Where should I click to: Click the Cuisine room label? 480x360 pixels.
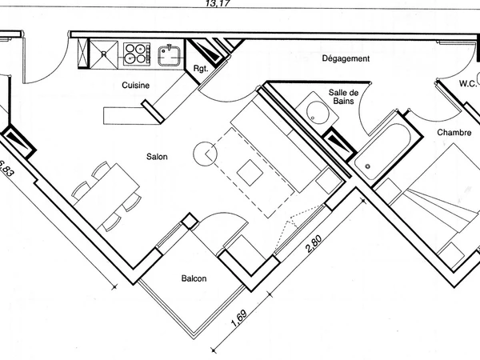click(136, 85)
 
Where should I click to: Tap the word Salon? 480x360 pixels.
click(156, 158)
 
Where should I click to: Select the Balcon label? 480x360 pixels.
click(194, 278)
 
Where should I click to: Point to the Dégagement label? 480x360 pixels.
click(346, 59)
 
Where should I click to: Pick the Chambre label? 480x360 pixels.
click(454, 132)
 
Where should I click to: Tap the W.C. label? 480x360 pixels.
click(468, 83)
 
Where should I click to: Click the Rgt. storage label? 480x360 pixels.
click(201, 69)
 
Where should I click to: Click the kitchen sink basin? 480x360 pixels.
click(169, 54)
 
